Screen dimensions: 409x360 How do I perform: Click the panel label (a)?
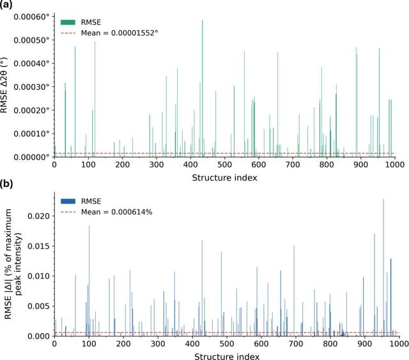click(x=6, y=5)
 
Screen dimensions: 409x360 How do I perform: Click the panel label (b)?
click(x=6, y=184)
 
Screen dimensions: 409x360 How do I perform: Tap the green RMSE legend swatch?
click(x=68, y=22)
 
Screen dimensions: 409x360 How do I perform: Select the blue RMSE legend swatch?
click(x=68, y=201)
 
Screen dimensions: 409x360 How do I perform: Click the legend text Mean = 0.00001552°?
click(x=120, y=33)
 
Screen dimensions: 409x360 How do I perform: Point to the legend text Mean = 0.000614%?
click(x=116, y=212)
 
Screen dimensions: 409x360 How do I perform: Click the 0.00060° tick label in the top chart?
click(x=31, y=17)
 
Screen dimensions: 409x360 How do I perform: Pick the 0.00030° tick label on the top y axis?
click(x=31, y=87)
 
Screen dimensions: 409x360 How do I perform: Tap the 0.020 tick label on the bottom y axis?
click(x=38, y=216)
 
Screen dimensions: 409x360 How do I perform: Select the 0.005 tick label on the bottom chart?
click(x=38, y=306)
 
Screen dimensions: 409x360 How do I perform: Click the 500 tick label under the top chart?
click(x=224, y=165)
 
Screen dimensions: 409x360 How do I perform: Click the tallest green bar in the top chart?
click(x=203, y=88)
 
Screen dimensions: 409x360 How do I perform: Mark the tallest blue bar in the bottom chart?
click(x=383, y=267)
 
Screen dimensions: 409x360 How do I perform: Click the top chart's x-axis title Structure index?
click(x=224, y=177)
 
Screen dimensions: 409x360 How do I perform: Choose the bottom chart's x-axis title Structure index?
click(x=227, y=356)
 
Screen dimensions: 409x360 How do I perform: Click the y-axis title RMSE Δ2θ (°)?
click(x=4, y=85)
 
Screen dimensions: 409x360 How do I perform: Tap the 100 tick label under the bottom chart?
click(x=89, y=344)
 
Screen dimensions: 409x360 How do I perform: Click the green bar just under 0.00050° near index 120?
click(x=95, y=99)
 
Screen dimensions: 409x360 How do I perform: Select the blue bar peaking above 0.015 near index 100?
click(x=89, y=281)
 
